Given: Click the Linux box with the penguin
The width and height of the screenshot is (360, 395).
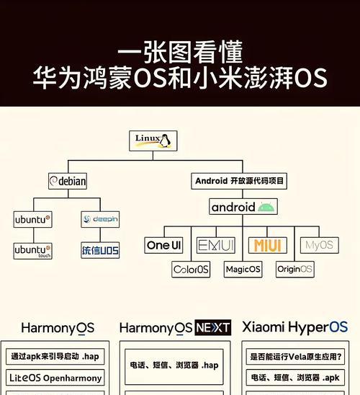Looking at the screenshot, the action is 153,141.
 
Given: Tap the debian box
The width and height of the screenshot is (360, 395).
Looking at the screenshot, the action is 68,181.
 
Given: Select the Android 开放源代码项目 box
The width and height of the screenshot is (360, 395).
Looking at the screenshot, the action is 239,181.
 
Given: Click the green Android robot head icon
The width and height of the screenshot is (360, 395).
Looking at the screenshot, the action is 266,207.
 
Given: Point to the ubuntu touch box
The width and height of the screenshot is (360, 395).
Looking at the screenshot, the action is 32,251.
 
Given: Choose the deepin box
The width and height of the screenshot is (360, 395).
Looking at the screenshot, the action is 100,219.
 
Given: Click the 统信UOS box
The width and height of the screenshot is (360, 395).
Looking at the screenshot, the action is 100,250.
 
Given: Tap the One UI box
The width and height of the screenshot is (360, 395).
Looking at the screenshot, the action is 163,245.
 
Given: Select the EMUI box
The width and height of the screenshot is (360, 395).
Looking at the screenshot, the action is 216,245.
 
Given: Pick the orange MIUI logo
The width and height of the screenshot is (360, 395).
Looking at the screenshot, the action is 267,245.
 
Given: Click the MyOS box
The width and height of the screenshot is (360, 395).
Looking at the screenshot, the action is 320,245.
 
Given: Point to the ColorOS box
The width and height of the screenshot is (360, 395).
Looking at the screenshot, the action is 191,270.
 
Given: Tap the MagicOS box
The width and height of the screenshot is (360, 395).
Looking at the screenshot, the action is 243,270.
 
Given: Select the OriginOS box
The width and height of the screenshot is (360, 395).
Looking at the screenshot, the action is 295,270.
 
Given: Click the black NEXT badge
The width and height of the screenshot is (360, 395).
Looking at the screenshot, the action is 213,328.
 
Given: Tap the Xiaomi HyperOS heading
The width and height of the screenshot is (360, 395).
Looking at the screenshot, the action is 295,327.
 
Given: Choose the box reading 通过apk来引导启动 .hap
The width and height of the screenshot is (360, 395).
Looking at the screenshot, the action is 55,357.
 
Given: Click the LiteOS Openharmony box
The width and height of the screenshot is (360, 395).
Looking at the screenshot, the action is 55,378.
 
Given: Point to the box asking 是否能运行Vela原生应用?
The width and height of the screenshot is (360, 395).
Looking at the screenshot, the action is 295,357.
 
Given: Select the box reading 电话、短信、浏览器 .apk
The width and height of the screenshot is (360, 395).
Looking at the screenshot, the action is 295,378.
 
